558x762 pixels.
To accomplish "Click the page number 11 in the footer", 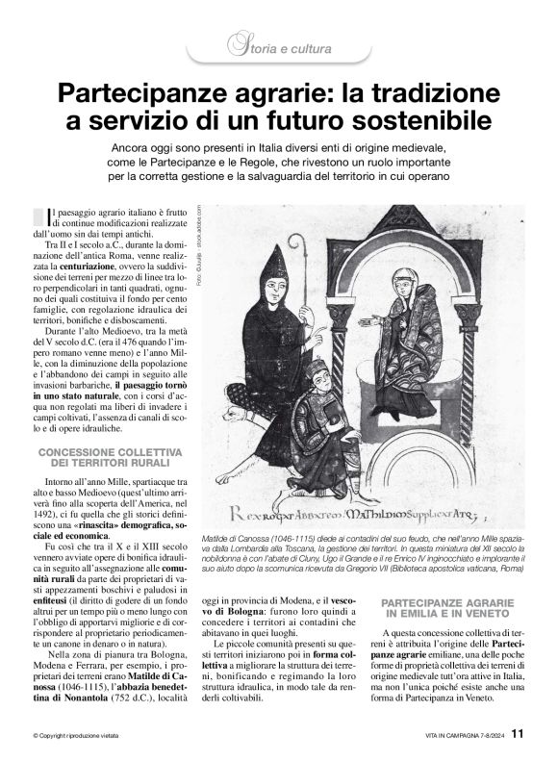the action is (x=518, y=733).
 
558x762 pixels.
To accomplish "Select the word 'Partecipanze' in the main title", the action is (x=144, y=93).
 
